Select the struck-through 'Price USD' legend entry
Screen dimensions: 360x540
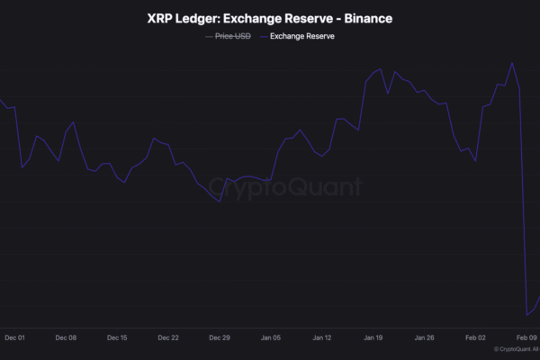[x=228, y=37]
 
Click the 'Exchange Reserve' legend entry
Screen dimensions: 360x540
[x=296, y=37]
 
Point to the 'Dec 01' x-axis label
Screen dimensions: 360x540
[x=14, y=338]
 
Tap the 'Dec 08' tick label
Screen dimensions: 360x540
[x=66, y=338]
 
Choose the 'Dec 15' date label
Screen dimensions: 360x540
[x=117, y=338]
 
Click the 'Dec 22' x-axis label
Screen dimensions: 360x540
[x=168, y=338]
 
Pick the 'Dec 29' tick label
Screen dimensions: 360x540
[x=220, y=338]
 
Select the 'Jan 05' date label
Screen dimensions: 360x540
[x=271, y=338]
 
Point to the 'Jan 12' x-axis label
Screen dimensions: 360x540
[x=322, y=338]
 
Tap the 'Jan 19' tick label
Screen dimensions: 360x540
[x=373, y=338]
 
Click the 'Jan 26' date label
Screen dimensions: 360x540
[x=425, y=338]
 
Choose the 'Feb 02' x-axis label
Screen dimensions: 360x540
[x=476, y=338]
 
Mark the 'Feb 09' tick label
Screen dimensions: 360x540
[x=527, y=338]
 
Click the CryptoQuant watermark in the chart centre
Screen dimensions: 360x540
[x=285, y=187]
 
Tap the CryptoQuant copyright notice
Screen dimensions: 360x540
[x=517, y=349]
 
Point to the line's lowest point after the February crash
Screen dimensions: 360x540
[x=527, y=315]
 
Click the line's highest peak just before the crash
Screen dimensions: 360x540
[x=512, y=63]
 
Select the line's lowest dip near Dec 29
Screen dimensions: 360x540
[x=220, y=202]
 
